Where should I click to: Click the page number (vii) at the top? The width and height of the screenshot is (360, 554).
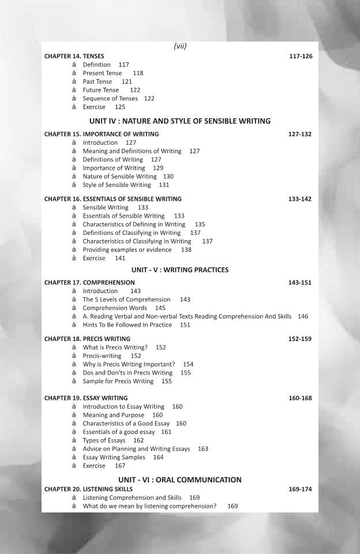[180, 47]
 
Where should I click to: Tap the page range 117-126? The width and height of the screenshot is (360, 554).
[300, 57]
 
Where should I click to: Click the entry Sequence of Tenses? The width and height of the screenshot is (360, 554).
[110, 99]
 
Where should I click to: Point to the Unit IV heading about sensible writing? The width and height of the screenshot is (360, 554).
[180, 121]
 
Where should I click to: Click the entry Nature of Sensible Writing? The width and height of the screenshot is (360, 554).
[119, 177]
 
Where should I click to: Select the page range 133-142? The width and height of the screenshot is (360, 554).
[300, 199]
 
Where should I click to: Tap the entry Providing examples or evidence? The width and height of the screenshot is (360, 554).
[127, 250]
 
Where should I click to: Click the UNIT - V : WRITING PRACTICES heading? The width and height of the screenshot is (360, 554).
[180, 269]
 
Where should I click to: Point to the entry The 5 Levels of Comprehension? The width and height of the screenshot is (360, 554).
[126, 300]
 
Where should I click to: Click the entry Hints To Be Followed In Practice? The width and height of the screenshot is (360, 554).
[127, 325]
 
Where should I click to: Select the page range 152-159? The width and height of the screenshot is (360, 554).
[300, 339]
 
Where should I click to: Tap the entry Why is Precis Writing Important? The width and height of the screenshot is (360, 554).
[129, 364]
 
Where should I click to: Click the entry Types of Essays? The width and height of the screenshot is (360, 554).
[105, 440]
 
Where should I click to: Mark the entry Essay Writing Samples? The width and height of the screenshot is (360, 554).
[114, 457]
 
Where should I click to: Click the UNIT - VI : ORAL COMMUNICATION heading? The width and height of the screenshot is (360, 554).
[180, 480]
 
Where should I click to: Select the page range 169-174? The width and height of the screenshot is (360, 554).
[300, 489]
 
